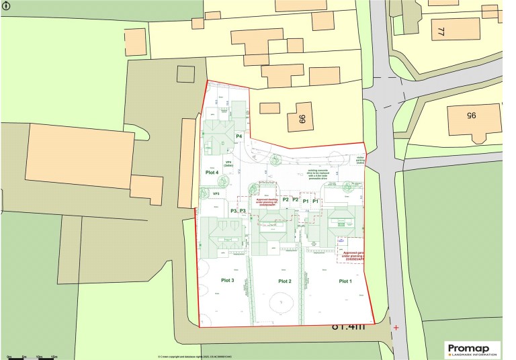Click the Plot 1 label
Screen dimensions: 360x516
point(345,281)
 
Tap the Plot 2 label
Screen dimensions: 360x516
point(284,281)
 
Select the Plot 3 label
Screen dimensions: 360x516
point(227,280)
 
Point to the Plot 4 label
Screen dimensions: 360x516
point(212,173)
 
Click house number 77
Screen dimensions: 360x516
point(441,32)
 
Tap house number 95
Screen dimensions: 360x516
point(471,116)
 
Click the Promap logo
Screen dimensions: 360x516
point(473,349)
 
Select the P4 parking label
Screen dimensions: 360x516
point(238,136)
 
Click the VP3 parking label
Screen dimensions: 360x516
point(216,194)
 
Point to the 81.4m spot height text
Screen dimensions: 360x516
point(348,327)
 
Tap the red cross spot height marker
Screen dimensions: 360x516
point(396,328)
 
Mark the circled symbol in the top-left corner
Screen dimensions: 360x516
point(6,5)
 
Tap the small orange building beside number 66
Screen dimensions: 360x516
point(270,107)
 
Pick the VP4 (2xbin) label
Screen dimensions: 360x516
point(228,163)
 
